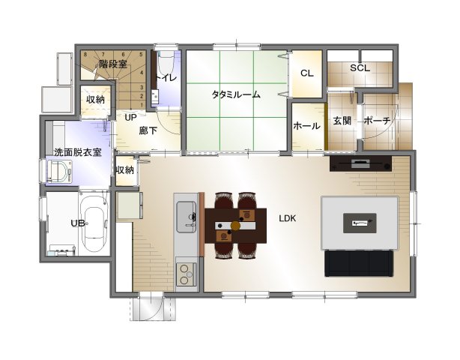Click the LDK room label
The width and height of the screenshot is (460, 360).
[288, 218]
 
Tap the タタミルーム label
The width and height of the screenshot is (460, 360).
[236, 94]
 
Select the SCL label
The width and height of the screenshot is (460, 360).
[360, 68]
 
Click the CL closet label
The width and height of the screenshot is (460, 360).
[307, 73]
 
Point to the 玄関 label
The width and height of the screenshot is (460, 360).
[342, 121]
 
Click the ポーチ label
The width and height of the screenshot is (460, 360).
[378, 121]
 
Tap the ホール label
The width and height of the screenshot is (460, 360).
[307, 126]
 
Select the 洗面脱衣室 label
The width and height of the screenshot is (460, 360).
[78, 152]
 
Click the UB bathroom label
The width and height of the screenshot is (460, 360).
[78, 223]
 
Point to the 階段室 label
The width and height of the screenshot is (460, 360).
[113, 64]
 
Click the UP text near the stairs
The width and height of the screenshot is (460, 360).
[130, 118]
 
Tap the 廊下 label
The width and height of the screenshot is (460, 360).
[148, 130]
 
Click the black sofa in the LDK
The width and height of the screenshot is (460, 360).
[359, 263]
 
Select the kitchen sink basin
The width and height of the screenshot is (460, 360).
[186, 217]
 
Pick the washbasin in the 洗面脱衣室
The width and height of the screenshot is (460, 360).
[59, 172]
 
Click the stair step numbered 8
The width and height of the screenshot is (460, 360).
[85, 54]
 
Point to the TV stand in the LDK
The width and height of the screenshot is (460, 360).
[360, 163]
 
